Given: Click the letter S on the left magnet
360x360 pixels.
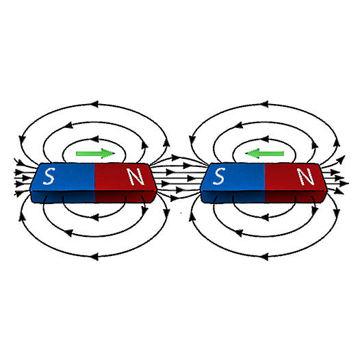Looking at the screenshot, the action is (x=49, y=177).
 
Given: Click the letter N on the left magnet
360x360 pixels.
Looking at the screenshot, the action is (x=136, y=177).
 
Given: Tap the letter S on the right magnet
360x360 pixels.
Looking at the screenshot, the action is (x=218, y=176).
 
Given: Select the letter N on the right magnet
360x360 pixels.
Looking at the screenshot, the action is (x=306, y=177).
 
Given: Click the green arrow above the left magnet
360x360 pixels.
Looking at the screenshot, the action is (x=95, y=153).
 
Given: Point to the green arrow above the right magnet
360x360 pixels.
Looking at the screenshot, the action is (x=264, y=153).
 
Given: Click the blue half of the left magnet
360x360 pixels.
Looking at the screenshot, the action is (x=63, y=183).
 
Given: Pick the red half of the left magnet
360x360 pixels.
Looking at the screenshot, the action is (x=125, y=183).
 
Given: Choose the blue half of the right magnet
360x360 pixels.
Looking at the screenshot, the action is (x=233, y=183).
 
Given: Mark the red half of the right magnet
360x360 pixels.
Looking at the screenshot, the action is (x=296, y=183).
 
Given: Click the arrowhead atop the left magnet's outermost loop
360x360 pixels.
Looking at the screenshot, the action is (x=94, y=104).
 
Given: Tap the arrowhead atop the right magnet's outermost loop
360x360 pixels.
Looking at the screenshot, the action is (x=264, y=104).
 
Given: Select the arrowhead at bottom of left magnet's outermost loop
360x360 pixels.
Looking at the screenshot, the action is (x=94, y=257).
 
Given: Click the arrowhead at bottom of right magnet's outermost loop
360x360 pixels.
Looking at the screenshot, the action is (x=264, y=257).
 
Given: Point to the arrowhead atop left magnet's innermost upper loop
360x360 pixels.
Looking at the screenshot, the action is (x=94, y=139).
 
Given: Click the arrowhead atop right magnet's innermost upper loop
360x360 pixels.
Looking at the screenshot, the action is (x=264, y=139).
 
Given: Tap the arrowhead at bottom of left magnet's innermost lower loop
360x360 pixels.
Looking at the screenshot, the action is (x=94, y=217).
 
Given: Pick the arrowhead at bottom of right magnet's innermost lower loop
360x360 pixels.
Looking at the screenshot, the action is (x=264, y=217).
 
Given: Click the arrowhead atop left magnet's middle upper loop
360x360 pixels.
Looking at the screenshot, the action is (x=69, y=125).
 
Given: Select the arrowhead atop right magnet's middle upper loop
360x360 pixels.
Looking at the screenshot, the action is (x=239, y=125).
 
